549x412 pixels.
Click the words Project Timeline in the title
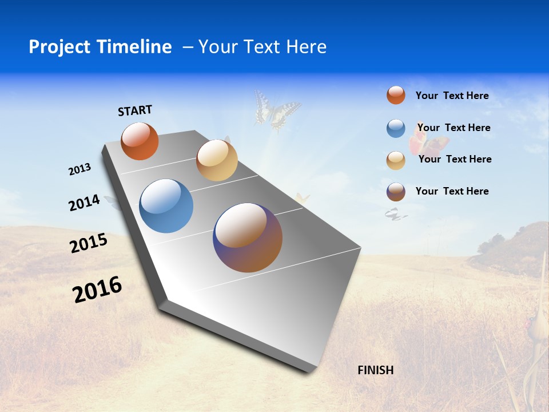(x=100, y=47)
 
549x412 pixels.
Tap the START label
(x=135, y=110)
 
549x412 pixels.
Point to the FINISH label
(x=376, y=370)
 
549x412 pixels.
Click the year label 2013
(x=80, y=169)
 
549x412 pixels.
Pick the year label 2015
(x=89, y=243)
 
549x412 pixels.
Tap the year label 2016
(x=97, y=290)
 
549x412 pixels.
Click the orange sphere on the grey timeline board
(x=140, y=141)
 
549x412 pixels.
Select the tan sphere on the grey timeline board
(x=217, y=160)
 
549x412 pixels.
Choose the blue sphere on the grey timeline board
(x=166, y=206)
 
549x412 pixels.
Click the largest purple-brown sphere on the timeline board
(x=248, y=237)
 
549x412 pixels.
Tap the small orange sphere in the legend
(x=396, y=95)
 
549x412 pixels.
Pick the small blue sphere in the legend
(x=396, y=129)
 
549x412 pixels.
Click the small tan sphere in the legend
(x=396, y=161)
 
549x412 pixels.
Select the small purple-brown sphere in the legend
(x=396, y=192)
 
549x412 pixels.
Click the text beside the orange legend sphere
(x=452, y=96)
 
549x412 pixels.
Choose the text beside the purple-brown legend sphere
(x=452, y=191)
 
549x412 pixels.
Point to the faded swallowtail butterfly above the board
(x=276, y=110)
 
